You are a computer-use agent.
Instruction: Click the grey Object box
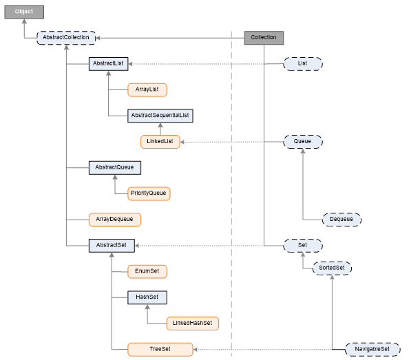[x=24, y=12]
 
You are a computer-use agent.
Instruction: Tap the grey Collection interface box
[x=264, y=38]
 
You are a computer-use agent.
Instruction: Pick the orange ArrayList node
[x=147, y=89]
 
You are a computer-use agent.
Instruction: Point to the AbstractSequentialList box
[x=160, y=116]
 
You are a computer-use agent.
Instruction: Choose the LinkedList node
[x=160, y=141]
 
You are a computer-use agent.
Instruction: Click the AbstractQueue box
[x=114, y=167]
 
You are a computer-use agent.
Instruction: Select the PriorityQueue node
[x=149, y=193]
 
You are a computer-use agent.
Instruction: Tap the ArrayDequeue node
[x=114, y=219]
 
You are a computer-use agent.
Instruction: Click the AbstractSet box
[x=112, y=245]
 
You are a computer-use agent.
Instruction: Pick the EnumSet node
[x=147, y=271]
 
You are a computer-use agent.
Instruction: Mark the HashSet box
[x=147, y=297]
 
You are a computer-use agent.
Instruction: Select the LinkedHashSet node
[x=192, y=323]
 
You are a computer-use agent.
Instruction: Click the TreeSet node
[x=160, y=349]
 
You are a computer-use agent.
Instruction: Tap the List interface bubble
[x=303, y=63]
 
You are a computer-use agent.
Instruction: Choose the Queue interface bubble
[x=303, y=141]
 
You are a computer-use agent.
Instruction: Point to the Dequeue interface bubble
[x=342, y=220]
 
